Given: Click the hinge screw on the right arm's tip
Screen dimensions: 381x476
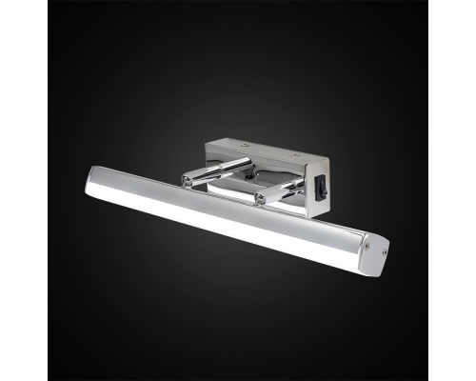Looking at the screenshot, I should point(260,200).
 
